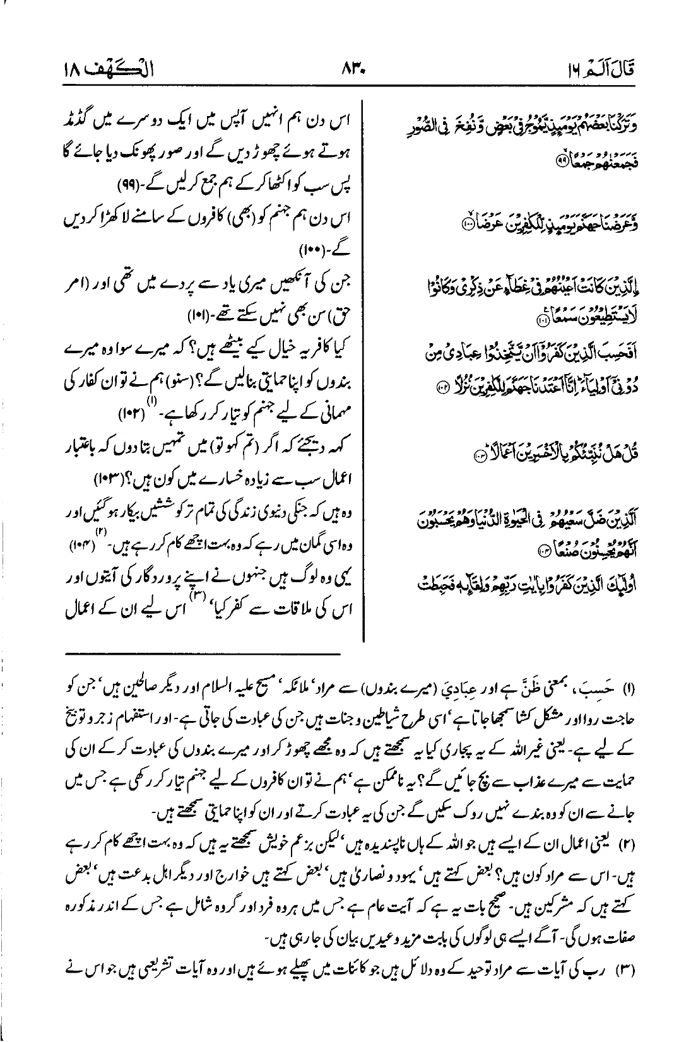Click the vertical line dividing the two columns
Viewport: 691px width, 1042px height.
[x=363, y=366]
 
